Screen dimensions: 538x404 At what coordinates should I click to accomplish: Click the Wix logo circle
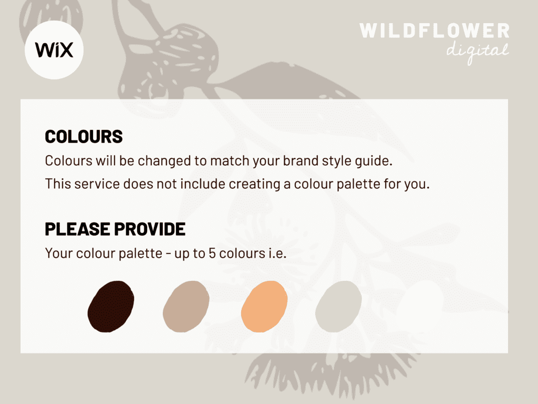pos(54,50)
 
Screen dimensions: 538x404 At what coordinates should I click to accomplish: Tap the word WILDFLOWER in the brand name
pos(434,31)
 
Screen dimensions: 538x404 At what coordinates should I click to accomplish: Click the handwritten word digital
pos(477,52)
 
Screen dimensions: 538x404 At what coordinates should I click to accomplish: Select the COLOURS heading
pos(84,137)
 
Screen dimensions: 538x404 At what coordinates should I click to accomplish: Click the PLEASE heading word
pos(78,229)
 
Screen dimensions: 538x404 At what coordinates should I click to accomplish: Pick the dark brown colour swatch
pos(111,307)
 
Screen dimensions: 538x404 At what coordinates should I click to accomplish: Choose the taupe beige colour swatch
pos(186,307)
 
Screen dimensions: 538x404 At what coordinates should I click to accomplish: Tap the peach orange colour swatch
pos(264,307)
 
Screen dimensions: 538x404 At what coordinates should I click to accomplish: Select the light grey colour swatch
pos(338,307)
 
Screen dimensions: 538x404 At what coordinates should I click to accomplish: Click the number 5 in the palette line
pos(212,254)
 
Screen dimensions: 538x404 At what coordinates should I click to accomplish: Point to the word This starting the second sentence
pos(58,184)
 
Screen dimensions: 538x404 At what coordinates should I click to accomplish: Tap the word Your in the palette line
pos(59,254)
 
